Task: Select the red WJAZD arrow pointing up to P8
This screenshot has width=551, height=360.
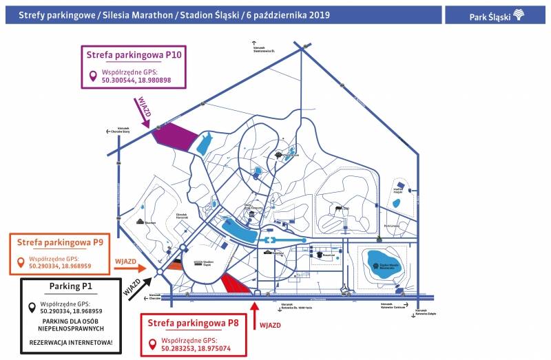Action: (x=256, y=315)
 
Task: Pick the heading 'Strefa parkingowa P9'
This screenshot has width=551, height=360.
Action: (x=60, y=242)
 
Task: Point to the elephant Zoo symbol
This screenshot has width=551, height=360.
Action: (x=338, y=207)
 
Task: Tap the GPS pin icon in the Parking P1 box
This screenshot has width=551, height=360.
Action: (x=32, y=308)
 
